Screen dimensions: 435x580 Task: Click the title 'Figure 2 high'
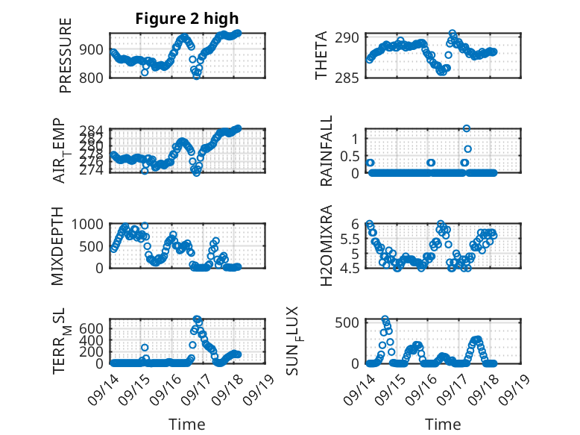pos(186,19)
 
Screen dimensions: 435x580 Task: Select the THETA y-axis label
pos(321,56)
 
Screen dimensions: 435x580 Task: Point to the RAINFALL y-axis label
pos(327,151)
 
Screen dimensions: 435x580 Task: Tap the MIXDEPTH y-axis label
pos(57,247)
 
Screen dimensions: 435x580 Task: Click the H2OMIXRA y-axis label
pos(327,247)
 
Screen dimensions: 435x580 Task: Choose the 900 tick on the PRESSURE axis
pos(95,49)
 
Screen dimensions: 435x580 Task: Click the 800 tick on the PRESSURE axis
pos(95,77)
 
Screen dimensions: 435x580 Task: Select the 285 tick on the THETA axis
pos(350,77)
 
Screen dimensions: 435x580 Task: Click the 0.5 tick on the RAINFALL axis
pos(350,155)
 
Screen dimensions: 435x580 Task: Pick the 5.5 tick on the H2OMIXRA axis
pos(350,239)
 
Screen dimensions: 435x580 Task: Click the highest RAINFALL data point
pos(467,128)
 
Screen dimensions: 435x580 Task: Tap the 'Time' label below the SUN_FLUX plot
pos(443,425)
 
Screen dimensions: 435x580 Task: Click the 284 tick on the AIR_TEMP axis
pos(95,130)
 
